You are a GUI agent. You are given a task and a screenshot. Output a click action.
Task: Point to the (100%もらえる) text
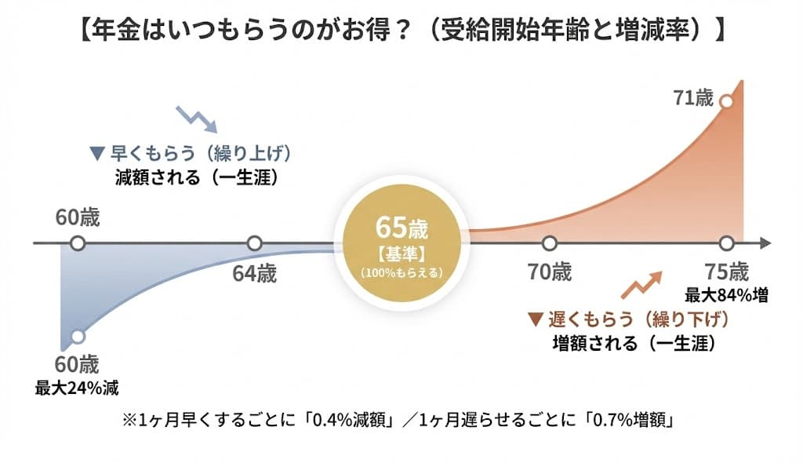point(402,273)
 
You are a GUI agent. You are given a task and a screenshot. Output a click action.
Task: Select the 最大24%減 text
point(77,387)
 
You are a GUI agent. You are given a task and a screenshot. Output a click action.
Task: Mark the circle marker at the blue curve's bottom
point(77,337)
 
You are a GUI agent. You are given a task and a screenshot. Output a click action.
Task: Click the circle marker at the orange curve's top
point(726,101)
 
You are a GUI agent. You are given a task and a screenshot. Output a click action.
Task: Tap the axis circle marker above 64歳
point(254,243)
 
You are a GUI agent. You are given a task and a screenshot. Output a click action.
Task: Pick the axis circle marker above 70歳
point(549,243)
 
